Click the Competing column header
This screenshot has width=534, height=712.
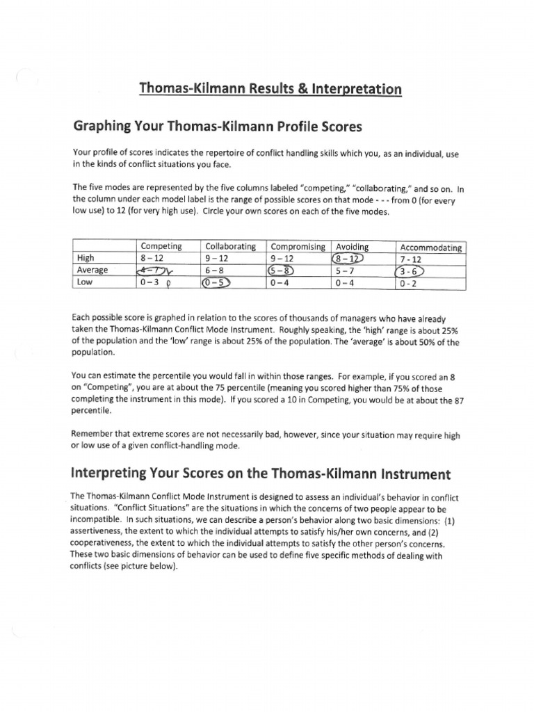(161, 246)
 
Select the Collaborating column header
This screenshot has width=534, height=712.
(231, 246)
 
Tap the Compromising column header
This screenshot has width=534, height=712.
(298, 246)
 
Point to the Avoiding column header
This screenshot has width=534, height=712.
(353, 246)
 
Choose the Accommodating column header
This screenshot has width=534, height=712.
(431, 247)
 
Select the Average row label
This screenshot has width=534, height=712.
(92, 270)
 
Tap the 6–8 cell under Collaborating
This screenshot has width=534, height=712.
(216, 270)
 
